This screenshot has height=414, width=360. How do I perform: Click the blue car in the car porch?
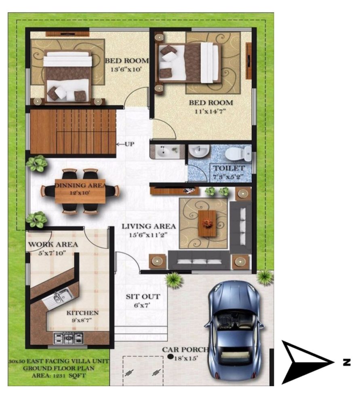(x=234, y=330)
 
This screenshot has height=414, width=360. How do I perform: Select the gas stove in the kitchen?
(x=69, y=338)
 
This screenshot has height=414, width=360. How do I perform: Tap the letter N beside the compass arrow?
(x=347, y=362)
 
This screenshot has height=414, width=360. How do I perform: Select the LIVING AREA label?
(x=149, y=226)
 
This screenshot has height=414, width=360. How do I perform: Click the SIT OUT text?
(x=143, y=296)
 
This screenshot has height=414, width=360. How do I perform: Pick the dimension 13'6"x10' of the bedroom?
(x=126, y=70)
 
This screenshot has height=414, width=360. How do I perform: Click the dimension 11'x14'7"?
(x=210, y=112)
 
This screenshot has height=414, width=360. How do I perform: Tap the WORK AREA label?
(x=53, y=244)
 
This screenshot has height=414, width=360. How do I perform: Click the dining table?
(x=80, y=191)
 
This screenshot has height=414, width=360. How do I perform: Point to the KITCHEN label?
(x=82, y=313)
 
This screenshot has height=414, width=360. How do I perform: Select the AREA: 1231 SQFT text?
(x=59, y=375)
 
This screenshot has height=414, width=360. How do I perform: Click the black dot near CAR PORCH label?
(x=171, y=357)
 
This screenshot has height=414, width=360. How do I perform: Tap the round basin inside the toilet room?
(x=199, y=151)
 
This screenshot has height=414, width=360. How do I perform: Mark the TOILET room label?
(x=229, y=168)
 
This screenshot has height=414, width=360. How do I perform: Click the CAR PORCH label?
(x=185, y=350)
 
